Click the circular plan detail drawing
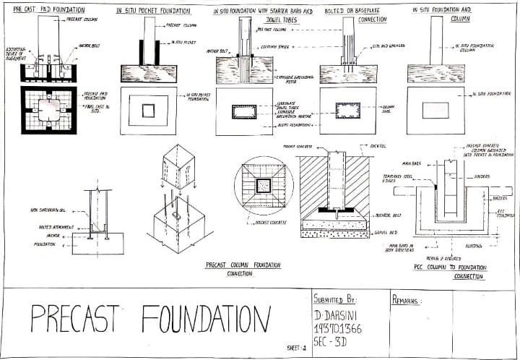point(264,185)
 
